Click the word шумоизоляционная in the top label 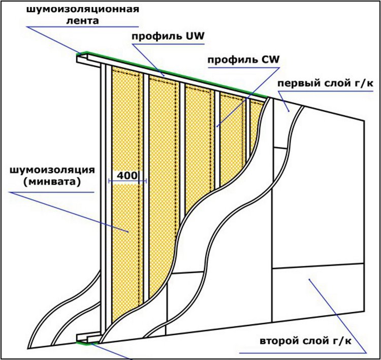[83, 10]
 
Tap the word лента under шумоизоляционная [83, 21]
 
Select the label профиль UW [168, 37]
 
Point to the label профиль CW [243, 59]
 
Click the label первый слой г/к [325, 84]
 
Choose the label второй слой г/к [306, 341]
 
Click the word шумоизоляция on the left [52, 170]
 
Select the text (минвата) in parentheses [52, 182]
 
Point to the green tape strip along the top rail [173, 74]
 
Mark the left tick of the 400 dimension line [110, 181]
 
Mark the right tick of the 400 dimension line [145, 181]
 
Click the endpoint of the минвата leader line [128, 232]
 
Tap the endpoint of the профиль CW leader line [217, 126]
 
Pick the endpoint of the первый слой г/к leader [289, 111]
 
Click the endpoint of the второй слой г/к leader [309, 279]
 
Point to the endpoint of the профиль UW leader [164, 76]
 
